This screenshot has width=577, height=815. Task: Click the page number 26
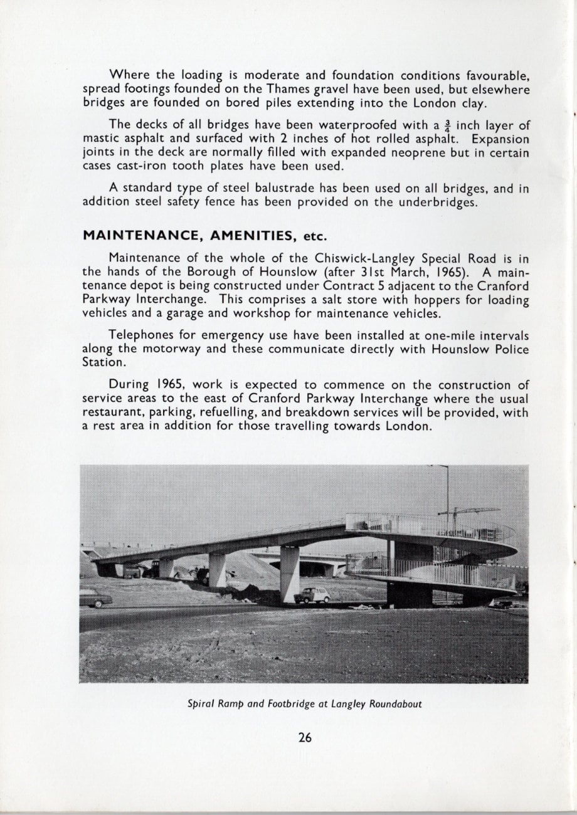305,737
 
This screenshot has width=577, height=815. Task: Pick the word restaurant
112,413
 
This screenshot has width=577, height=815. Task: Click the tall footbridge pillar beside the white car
290,573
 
